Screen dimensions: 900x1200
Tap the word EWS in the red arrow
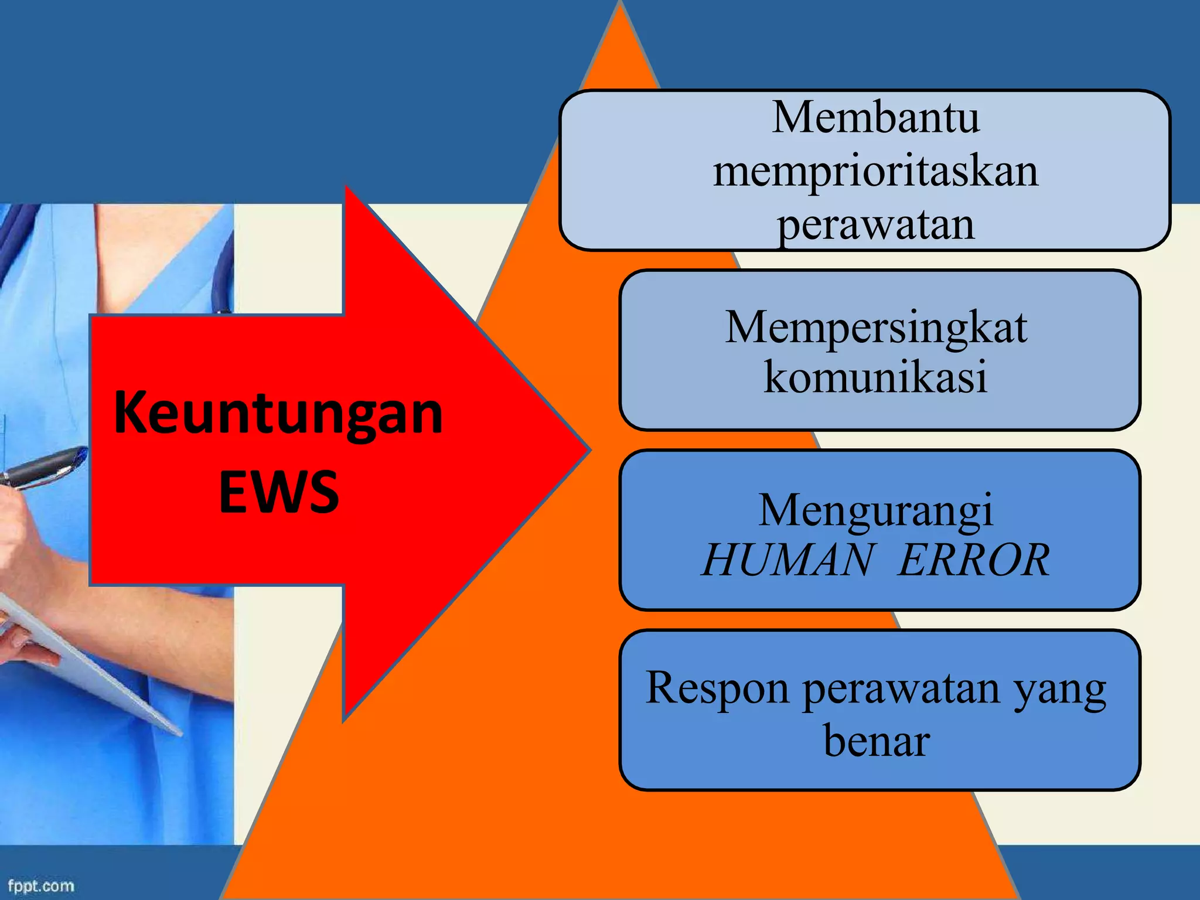click(x=278, y=491)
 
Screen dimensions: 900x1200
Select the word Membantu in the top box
click(x=875, y=117)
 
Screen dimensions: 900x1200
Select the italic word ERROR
click(x=973, y=560)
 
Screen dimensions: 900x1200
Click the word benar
click(x=877, y=740)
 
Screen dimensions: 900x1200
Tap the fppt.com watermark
click(x=41, y=885)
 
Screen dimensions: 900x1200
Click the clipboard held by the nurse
click(x=88, y=662)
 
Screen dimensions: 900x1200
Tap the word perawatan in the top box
click(x=875, y=226)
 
